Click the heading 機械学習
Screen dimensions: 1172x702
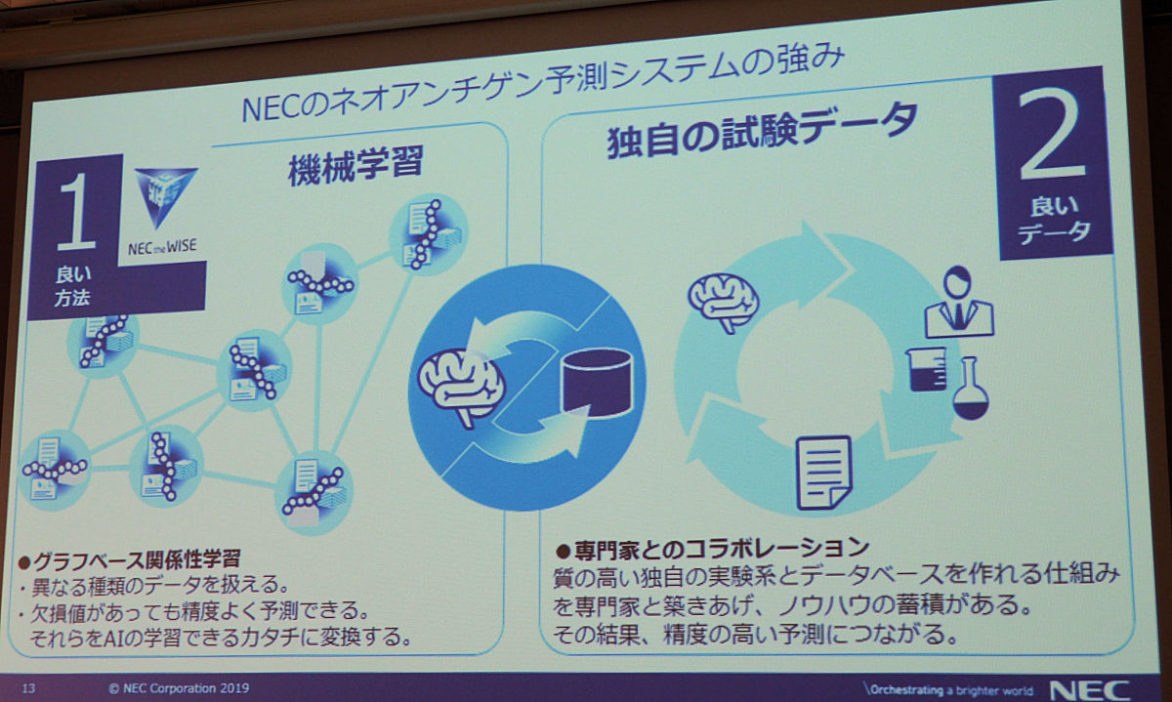point(356,165)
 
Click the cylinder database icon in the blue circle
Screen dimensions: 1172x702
point(597,383)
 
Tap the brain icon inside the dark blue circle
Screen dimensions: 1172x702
point(461,385)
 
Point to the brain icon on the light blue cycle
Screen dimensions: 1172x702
point(724,304)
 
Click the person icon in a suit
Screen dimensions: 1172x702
point(959,303)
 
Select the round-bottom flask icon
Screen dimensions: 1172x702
point(971,389)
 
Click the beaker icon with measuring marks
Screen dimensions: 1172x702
point(927,369)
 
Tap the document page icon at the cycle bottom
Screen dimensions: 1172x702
point(823,474)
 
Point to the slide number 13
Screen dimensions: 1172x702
point(28,687)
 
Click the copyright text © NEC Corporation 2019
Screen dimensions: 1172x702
point(179,688)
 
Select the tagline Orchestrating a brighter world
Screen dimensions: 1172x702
point(948,690)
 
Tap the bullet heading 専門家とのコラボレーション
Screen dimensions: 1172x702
point(712,549)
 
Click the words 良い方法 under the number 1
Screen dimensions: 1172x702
point(72,286)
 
